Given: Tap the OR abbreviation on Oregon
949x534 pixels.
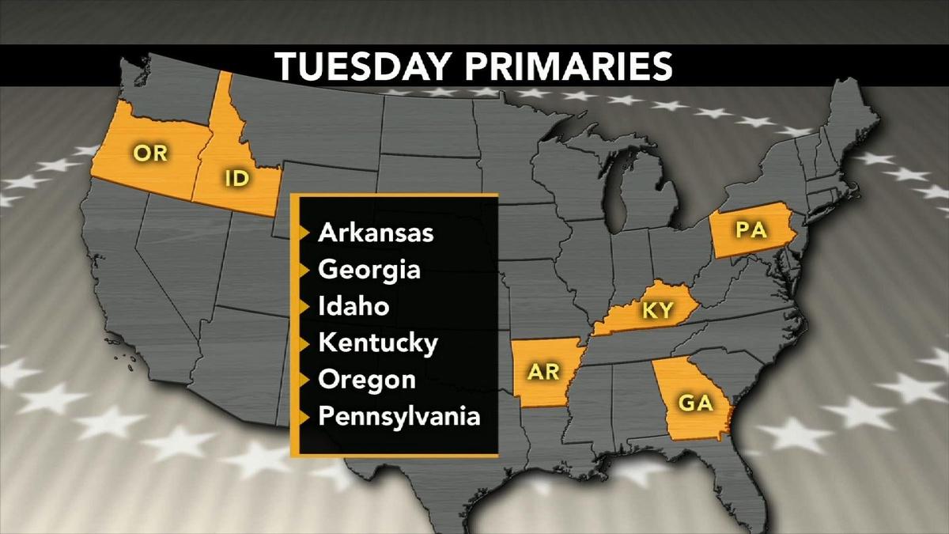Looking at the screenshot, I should tap(150, 152).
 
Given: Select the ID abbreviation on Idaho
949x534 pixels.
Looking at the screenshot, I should tap(237, 178).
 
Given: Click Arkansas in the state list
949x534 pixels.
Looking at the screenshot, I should tap(376, 233).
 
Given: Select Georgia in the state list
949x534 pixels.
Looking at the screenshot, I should tap(369, 270).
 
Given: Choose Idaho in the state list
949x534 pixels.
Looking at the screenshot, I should tap(354, 306).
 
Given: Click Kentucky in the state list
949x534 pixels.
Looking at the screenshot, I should tap(377, 343).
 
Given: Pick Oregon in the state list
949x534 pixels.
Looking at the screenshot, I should tap(367, 380).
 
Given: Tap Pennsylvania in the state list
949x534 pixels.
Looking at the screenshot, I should tap(399, 415).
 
